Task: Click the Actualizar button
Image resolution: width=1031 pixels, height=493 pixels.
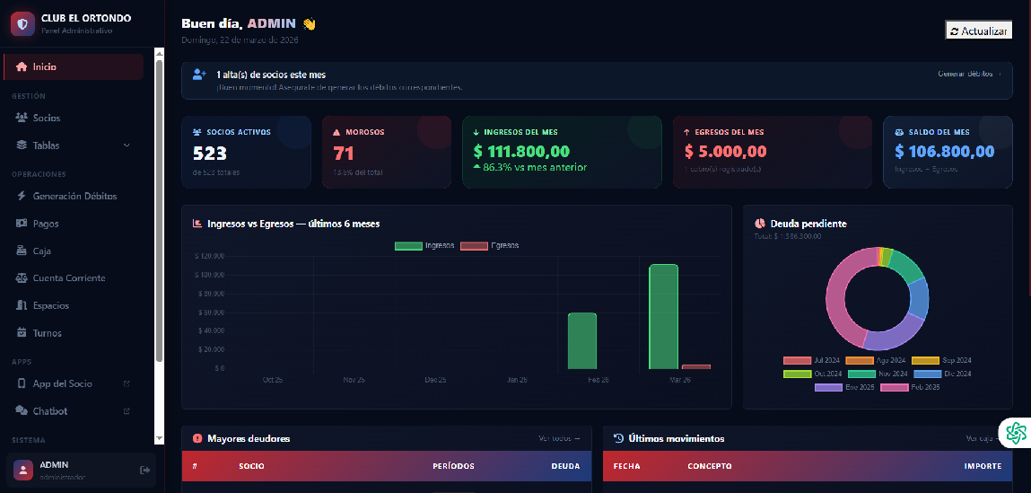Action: point(979,31)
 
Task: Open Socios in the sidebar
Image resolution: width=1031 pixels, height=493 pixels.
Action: point(46,118)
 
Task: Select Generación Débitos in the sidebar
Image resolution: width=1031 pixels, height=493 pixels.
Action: point(74,196)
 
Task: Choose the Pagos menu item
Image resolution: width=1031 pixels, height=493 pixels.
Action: point(46,224)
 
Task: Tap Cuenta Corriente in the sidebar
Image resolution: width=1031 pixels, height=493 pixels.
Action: point(69,278)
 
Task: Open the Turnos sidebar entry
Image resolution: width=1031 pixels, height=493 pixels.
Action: point(48,333)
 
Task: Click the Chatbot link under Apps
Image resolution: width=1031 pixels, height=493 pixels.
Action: point(50,411)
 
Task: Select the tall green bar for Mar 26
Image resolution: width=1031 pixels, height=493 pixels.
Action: point(663,316)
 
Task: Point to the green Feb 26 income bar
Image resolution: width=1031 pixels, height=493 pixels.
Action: point(582,340)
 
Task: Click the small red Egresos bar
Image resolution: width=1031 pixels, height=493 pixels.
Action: point(695,366)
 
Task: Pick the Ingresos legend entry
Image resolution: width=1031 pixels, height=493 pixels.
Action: point(425,245)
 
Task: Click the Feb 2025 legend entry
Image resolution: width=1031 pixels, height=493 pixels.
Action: point(913,387)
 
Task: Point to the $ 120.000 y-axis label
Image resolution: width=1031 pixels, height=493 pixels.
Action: point(208,256)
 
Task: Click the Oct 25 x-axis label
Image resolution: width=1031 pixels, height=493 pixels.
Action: point(273,380)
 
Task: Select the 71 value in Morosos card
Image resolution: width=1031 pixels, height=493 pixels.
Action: point(344,154)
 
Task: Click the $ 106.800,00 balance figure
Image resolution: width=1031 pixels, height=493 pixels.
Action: point(945,152)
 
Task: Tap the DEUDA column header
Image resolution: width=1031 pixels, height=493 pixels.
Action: point(565,466)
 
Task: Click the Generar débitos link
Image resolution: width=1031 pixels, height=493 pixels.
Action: point(965,74)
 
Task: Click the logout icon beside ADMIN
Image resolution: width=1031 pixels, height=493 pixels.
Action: point(145,470)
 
